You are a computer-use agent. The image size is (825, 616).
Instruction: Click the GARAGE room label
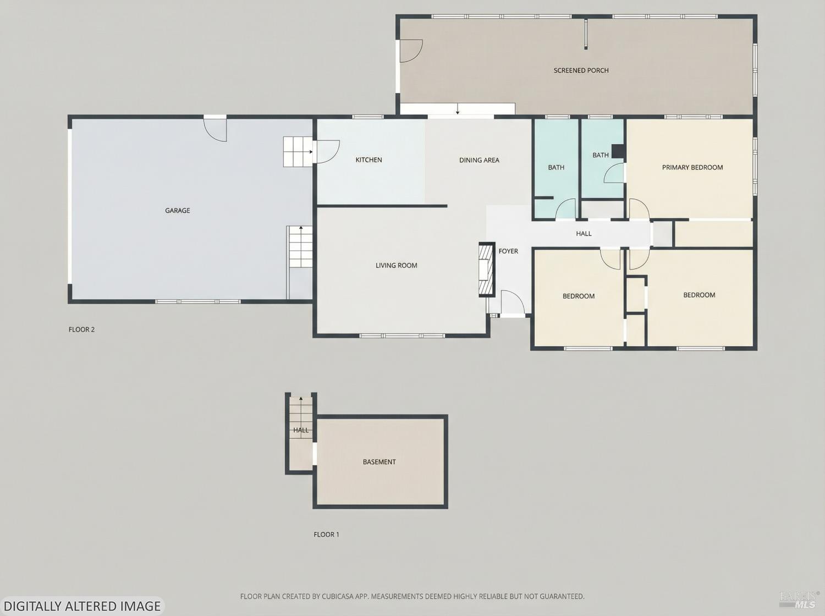click(178, 211)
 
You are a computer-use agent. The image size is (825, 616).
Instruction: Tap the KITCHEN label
click(369, 160)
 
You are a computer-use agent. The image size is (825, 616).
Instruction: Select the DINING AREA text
click(479, 161)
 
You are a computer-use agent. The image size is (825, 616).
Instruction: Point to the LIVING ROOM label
click(396, 266)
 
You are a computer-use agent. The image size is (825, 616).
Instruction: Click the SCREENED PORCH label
click(581, 70)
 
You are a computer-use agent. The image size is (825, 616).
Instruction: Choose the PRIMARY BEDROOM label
click(692, 168)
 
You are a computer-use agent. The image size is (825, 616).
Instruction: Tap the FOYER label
click(508, 251)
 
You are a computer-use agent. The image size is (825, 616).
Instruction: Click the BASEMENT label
click(379, 462)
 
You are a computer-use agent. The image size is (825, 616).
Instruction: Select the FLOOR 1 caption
click(326, 535)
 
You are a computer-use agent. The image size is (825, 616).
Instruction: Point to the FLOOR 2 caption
click(81, 329)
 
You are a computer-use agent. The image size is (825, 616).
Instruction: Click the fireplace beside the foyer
click(486, 269)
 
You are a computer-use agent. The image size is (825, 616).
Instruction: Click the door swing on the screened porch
click(410, 51)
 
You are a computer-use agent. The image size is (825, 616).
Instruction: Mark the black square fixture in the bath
click(618, 151)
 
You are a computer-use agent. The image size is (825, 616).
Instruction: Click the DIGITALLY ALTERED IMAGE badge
click(82, 606)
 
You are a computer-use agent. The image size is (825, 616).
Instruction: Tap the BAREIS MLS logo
click(799, 599)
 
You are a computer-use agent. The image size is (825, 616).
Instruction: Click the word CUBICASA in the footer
click(337, 596)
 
